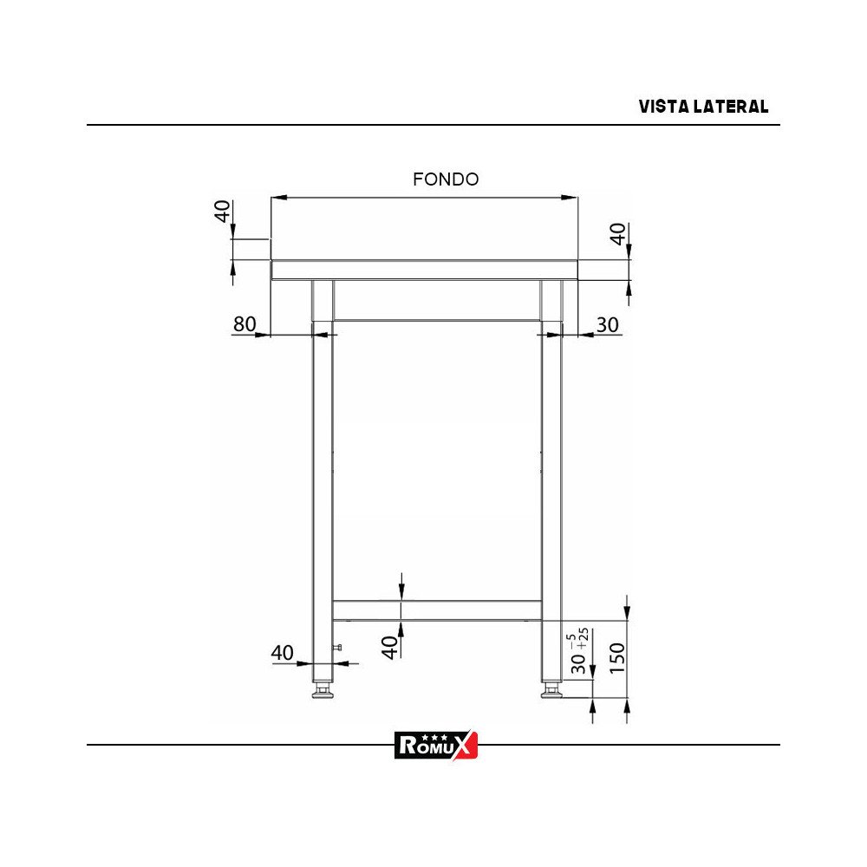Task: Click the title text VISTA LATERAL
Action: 703,107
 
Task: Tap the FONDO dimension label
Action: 446,179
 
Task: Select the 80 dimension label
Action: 244,324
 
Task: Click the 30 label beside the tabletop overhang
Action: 608,324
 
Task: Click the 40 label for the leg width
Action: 283,653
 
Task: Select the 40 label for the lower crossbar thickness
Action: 391,646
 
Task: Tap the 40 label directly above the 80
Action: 224,212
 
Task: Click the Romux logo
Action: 436,745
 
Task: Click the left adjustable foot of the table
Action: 323,691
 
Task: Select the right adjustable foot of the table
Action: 551,691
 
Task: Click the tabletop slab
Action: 424,270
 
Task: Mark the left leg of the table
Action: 323,486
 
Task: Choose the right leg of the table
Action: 551,486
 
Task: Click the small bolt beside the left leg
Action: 339,648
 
